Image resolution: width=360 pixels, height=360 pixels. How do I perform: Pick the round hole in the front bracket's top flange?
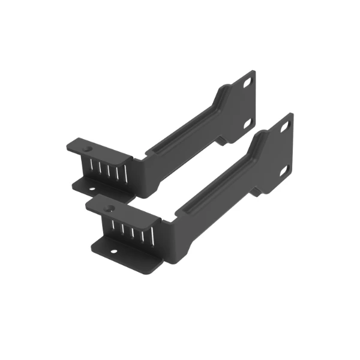coord(110,209)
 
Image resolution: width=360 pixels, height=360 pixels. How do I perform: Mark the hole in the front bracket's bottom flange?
coord(113,251)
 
